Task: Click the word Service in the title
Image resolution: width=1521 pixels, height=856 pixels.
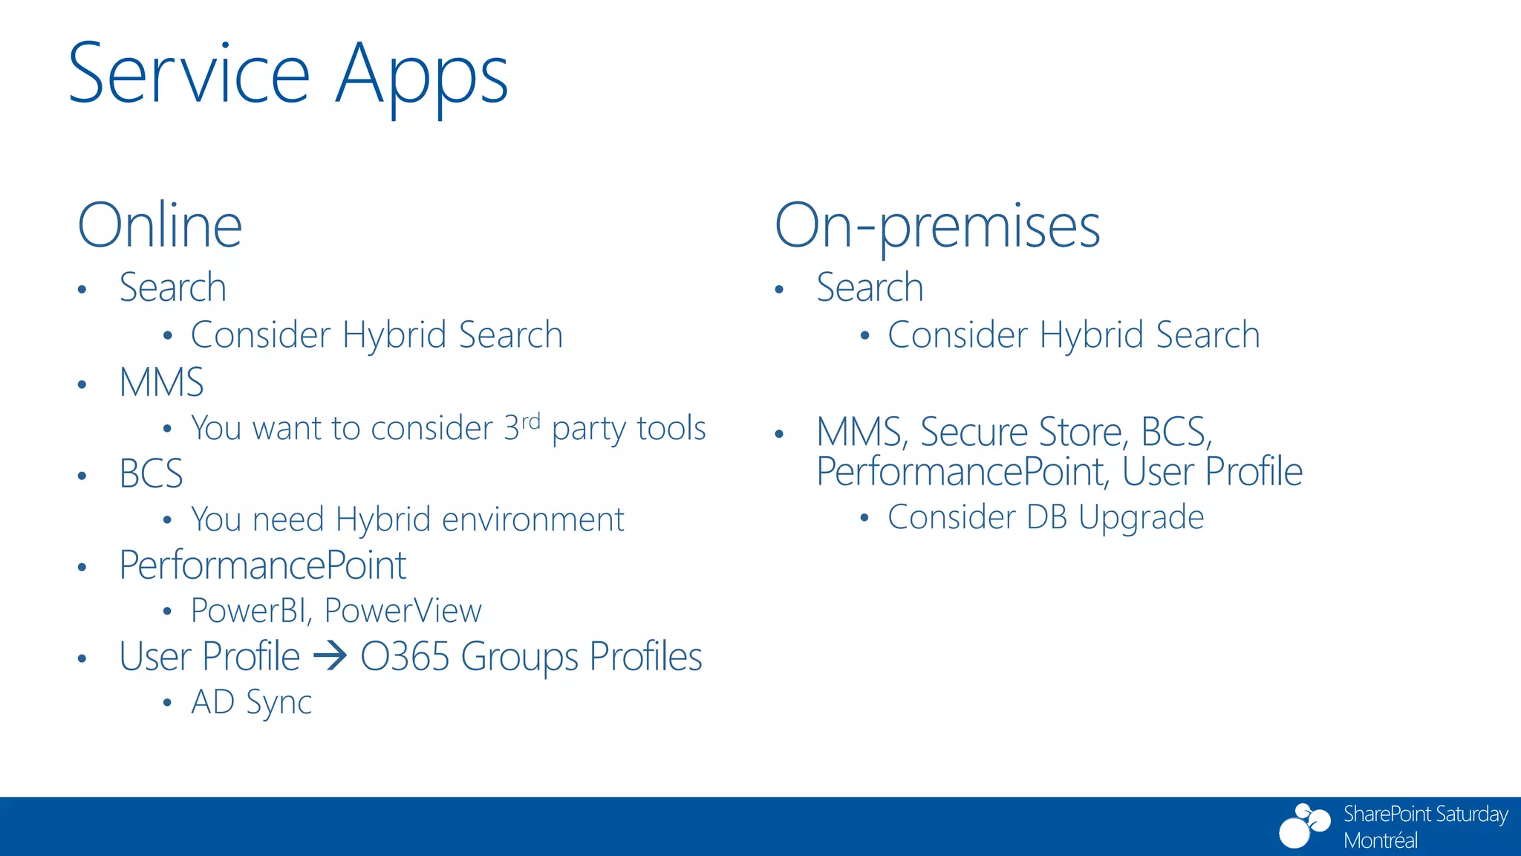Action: (189, 74)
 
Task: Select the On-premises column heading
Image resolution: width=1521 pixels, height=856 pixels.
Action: (937, 227)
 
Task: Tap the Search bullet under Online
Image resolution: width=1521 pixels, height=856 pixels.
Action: (172, 288)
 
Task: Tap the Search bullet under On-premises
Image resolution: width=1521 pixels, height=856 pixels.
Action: (870, 288)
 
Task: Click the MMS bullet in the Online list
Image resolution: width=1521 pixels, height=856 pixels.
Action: (161, 383)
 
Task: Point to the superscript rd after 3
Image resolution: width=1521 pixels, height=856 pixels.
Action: (530, 421)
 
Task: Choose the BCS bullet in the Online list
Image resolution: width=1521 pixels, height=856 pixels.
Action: (151, 474)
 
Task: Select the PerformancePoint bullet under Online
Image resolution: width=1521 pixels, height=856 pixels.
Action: (262, 565)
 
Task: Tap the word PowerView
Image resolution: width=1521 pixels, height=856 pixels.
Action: (403, 611)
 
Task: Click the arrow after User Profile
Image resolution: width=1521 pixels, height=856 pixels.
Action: (330, 656)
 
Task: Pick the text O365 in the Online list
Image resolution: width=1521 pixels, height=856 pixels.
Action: (405, 657)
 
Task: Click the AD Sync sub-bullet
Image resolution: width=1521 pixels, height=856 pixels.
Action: (251, 702)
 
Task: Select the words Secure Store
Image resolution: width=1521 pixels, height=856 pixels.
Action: (1024, 432)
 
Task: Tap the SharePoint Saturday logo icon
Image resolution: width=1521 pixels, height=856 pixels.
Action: (1304, 825)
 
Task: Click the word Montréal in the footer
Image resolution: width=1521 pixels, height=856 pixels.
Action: (1380, 840)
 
